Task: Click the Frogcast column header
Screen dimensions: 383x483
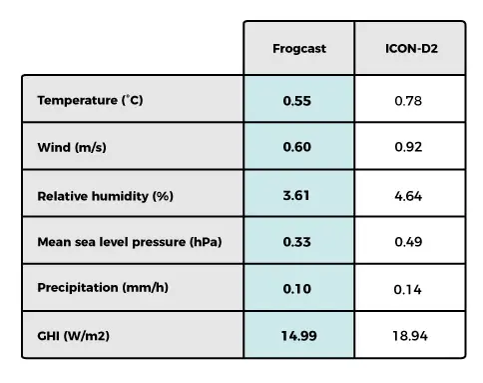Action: click(x=298, y=48)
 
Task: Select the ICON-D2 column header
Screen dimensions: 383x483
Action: click(x=409, y=48)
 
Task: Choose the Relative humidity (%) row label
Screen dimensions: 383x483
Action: click(x=105, y=196)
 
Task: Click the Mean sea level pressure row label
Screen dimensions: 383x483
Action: click(x=129, y=242)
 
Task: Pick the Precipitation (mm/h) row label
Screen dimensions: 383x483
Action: click(x=102, y=288)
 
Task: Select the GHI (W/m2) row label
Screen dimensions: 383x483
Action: click(x=73, y=335)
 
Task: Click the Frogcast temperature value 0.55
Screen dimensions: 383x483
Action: click(x=297, y=101)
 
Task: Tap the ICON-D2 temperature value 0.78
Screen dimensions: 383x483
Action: click(x=409, y=101)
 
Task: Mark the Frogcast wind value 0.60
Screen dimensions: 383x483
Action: click(x=297, y=148)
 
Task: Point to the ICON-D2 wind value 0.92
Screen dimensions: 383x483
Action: click(x=409, y=148)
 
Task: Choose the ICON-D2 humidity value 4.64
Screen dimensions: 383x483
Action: click(x=409, y=196)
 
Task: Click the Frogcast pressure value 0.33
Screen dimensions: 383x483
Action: click(x=297, y=242)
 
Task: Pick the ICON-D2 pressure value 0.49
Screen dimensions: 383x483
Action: click(x=409, y=242)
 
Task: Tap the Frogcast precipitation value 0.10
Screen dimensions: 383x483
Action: click(x=297, y=288)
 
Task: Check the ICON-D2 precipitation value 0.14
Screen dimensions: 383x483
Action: click(x=409, y=289)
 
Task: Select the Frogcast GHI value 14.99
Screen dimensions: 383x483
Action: click(x=298, y=335)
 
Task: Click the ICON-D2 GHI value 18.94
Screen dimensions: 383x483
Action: click(x=409, y=336)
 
